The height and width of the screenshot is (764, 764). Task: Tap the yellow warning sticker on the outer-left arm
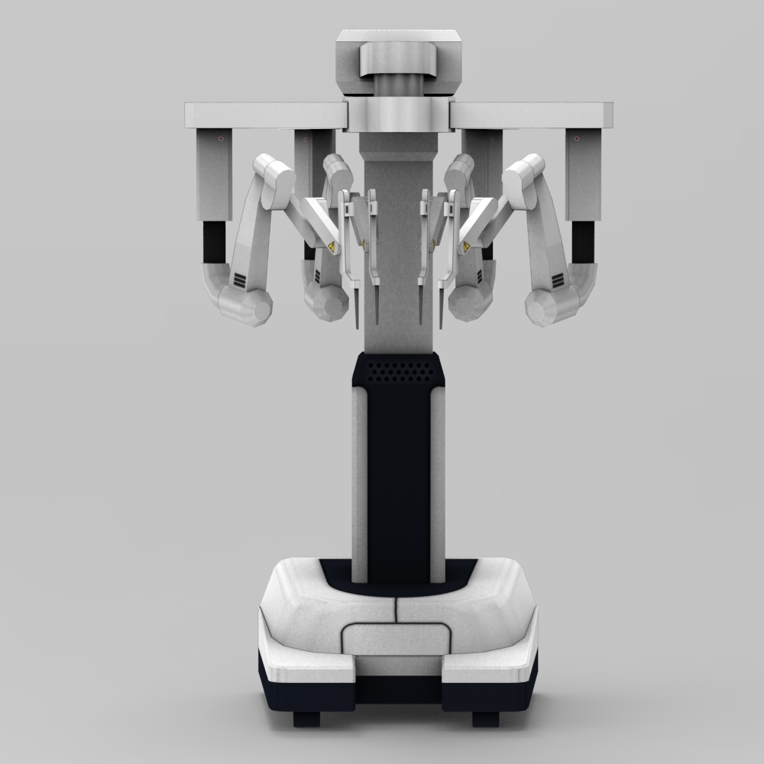(331, 248)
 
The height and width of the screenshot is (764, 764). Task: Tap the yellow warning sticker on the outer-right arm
(465, 248)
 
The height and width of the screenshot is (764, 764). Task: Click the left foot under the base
(306, 718)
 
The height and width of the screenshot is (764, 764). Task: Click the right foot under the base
(485, 718)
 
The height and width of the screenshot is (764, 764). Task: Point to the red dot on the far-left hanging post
(221, 139)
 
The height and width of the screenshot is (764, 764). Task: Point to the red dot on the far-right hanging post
(576, 139)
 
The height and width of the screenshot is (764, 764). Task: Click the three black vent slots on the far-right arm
(557, 281)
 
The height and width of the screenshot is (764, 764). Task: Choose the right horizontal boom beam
(532, 115)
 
